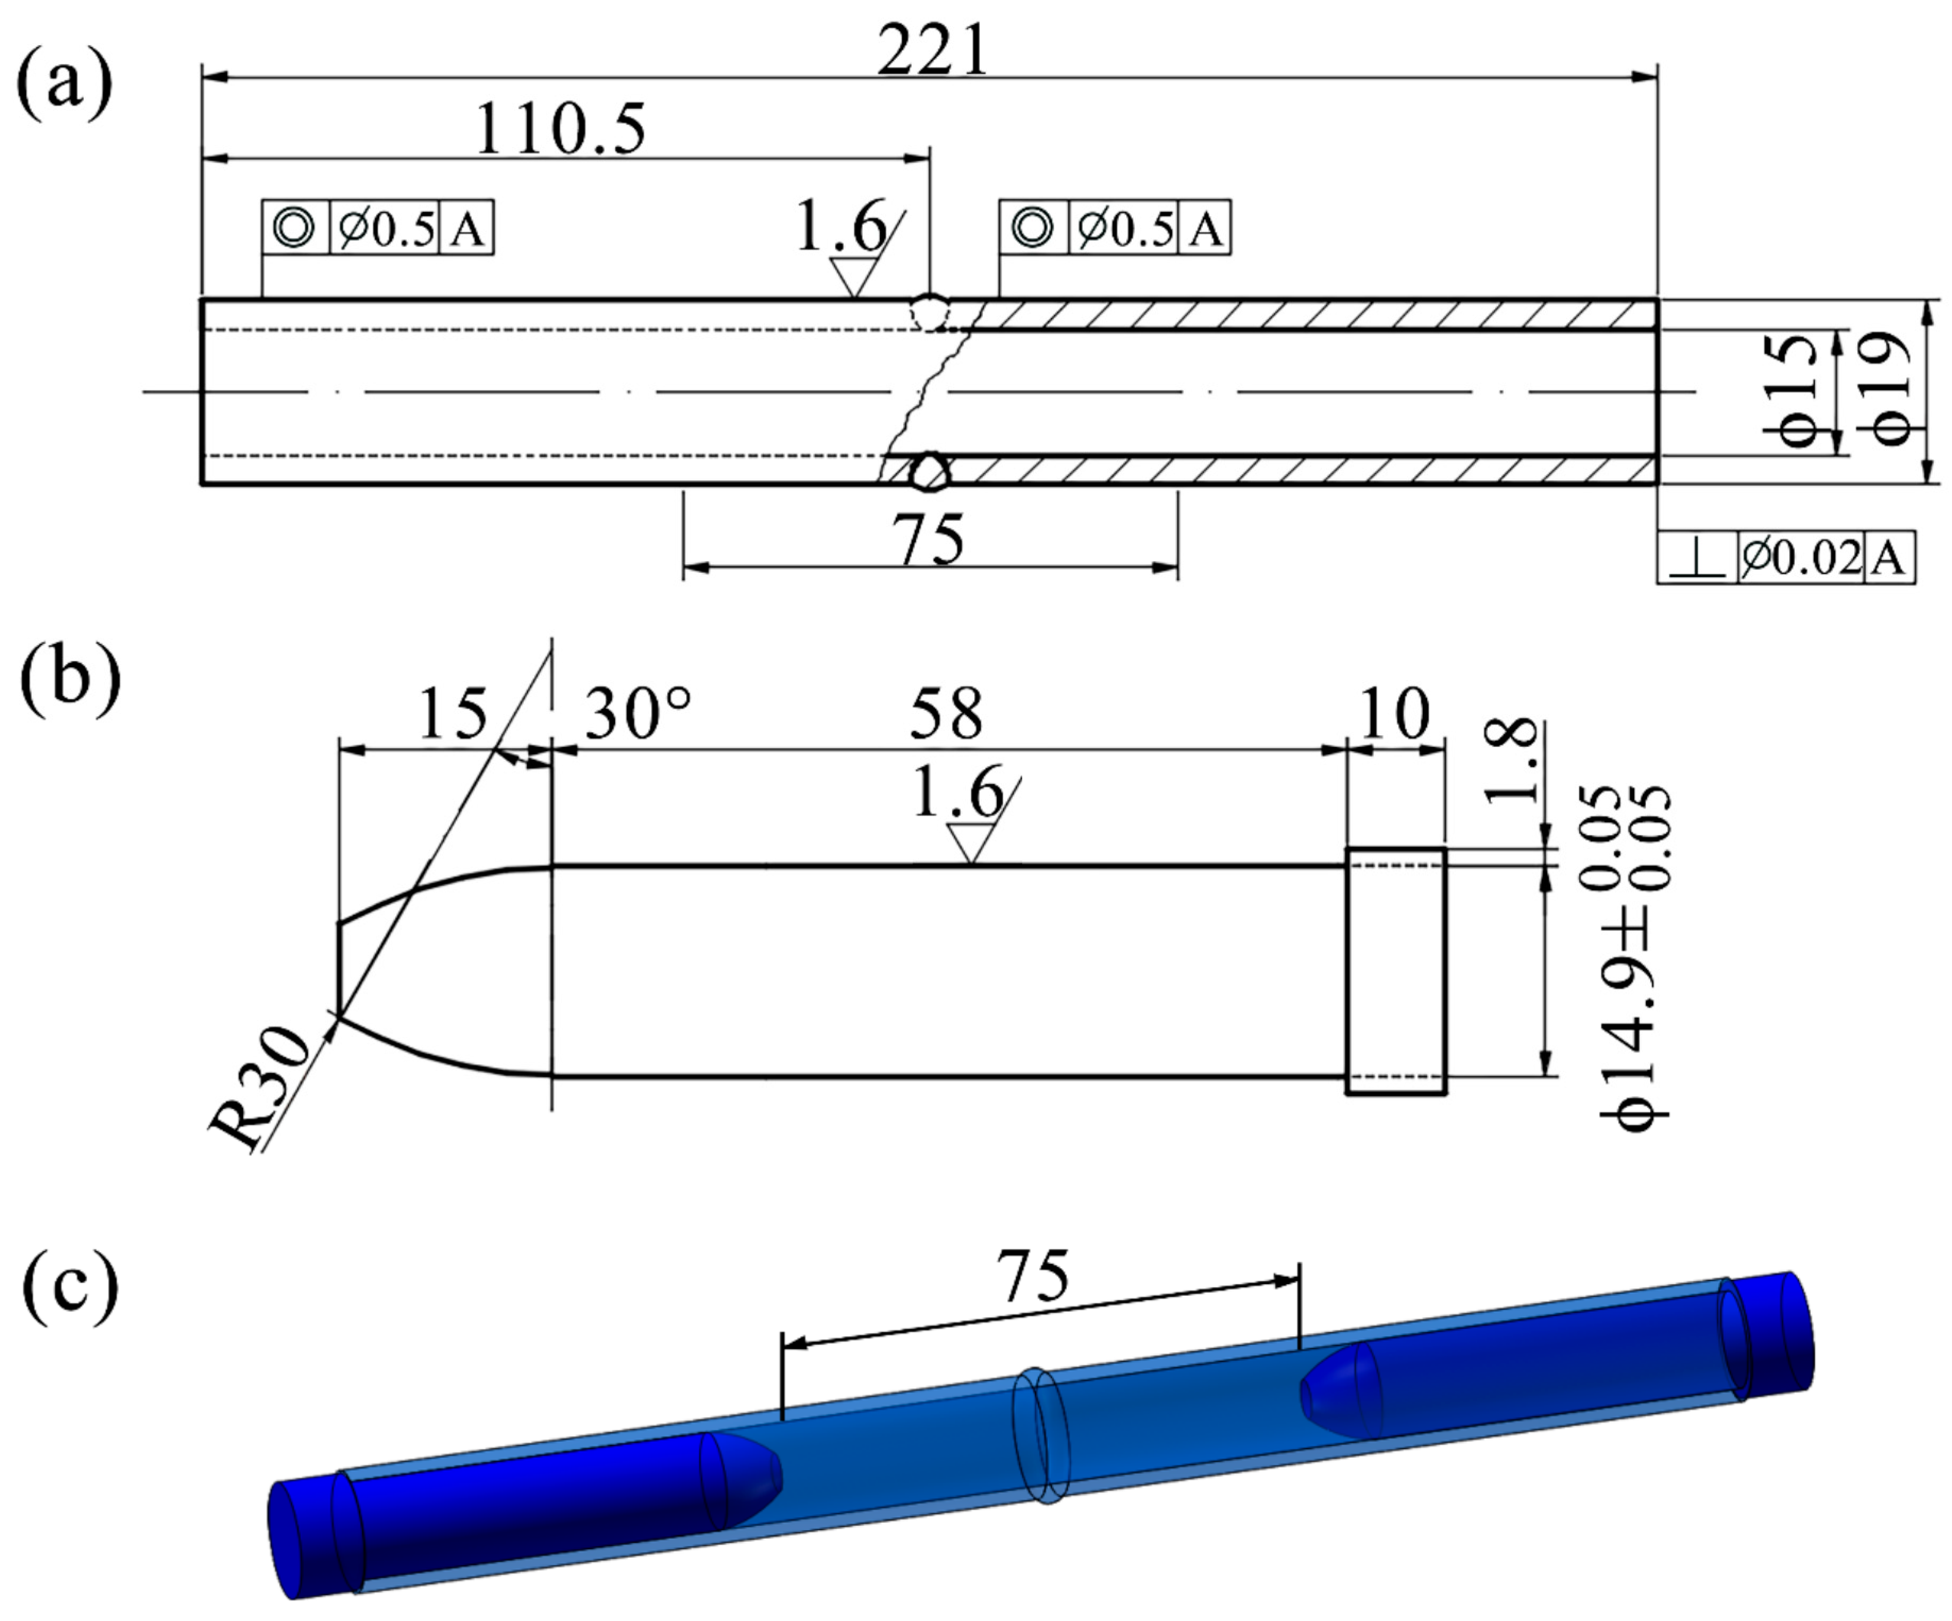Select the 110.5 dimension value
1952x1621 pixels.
coord(561,130)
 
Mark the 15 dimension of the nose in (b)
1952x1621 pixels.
coord(453,714)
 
